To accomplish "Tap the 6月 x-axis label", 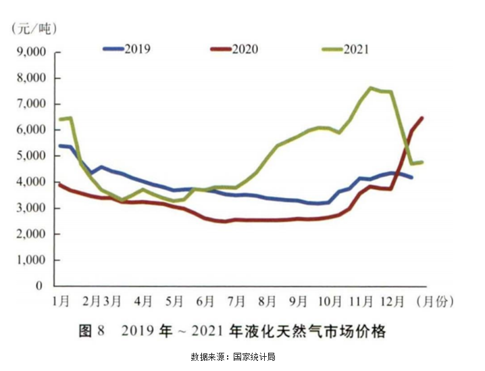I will tap(207, 299).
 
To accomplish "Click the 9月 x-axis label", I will tap(299, 299).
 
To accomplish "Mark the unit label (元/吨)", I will tap(34, 28).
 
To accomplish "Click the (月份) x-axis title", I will tap(436, 299).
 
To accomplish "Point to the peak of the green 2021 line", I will tap(371, 88).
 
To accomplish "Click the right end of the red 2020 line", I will tap(422, 118).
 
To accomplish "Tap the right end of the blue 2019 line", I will tap(412, 177).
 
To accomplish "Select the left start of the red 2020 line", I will tap(60, 184).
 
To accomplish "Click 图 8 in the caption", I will tap(93, 331).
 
